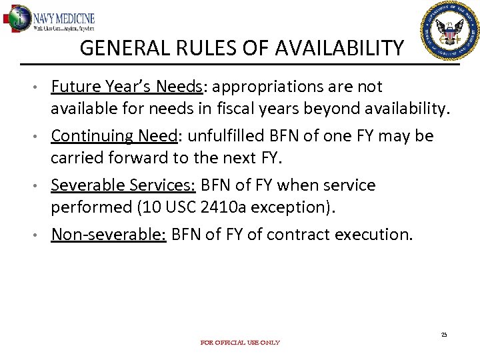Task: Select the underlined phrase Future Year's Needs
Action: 127,87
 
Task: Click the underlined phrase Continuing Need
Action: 114,136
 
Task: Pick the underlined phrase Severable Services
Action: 123,185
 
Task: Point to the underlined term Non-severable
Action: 109,234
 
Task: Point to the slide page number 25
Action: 443,334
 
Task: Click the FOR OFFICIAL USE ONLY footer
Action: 240,343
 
